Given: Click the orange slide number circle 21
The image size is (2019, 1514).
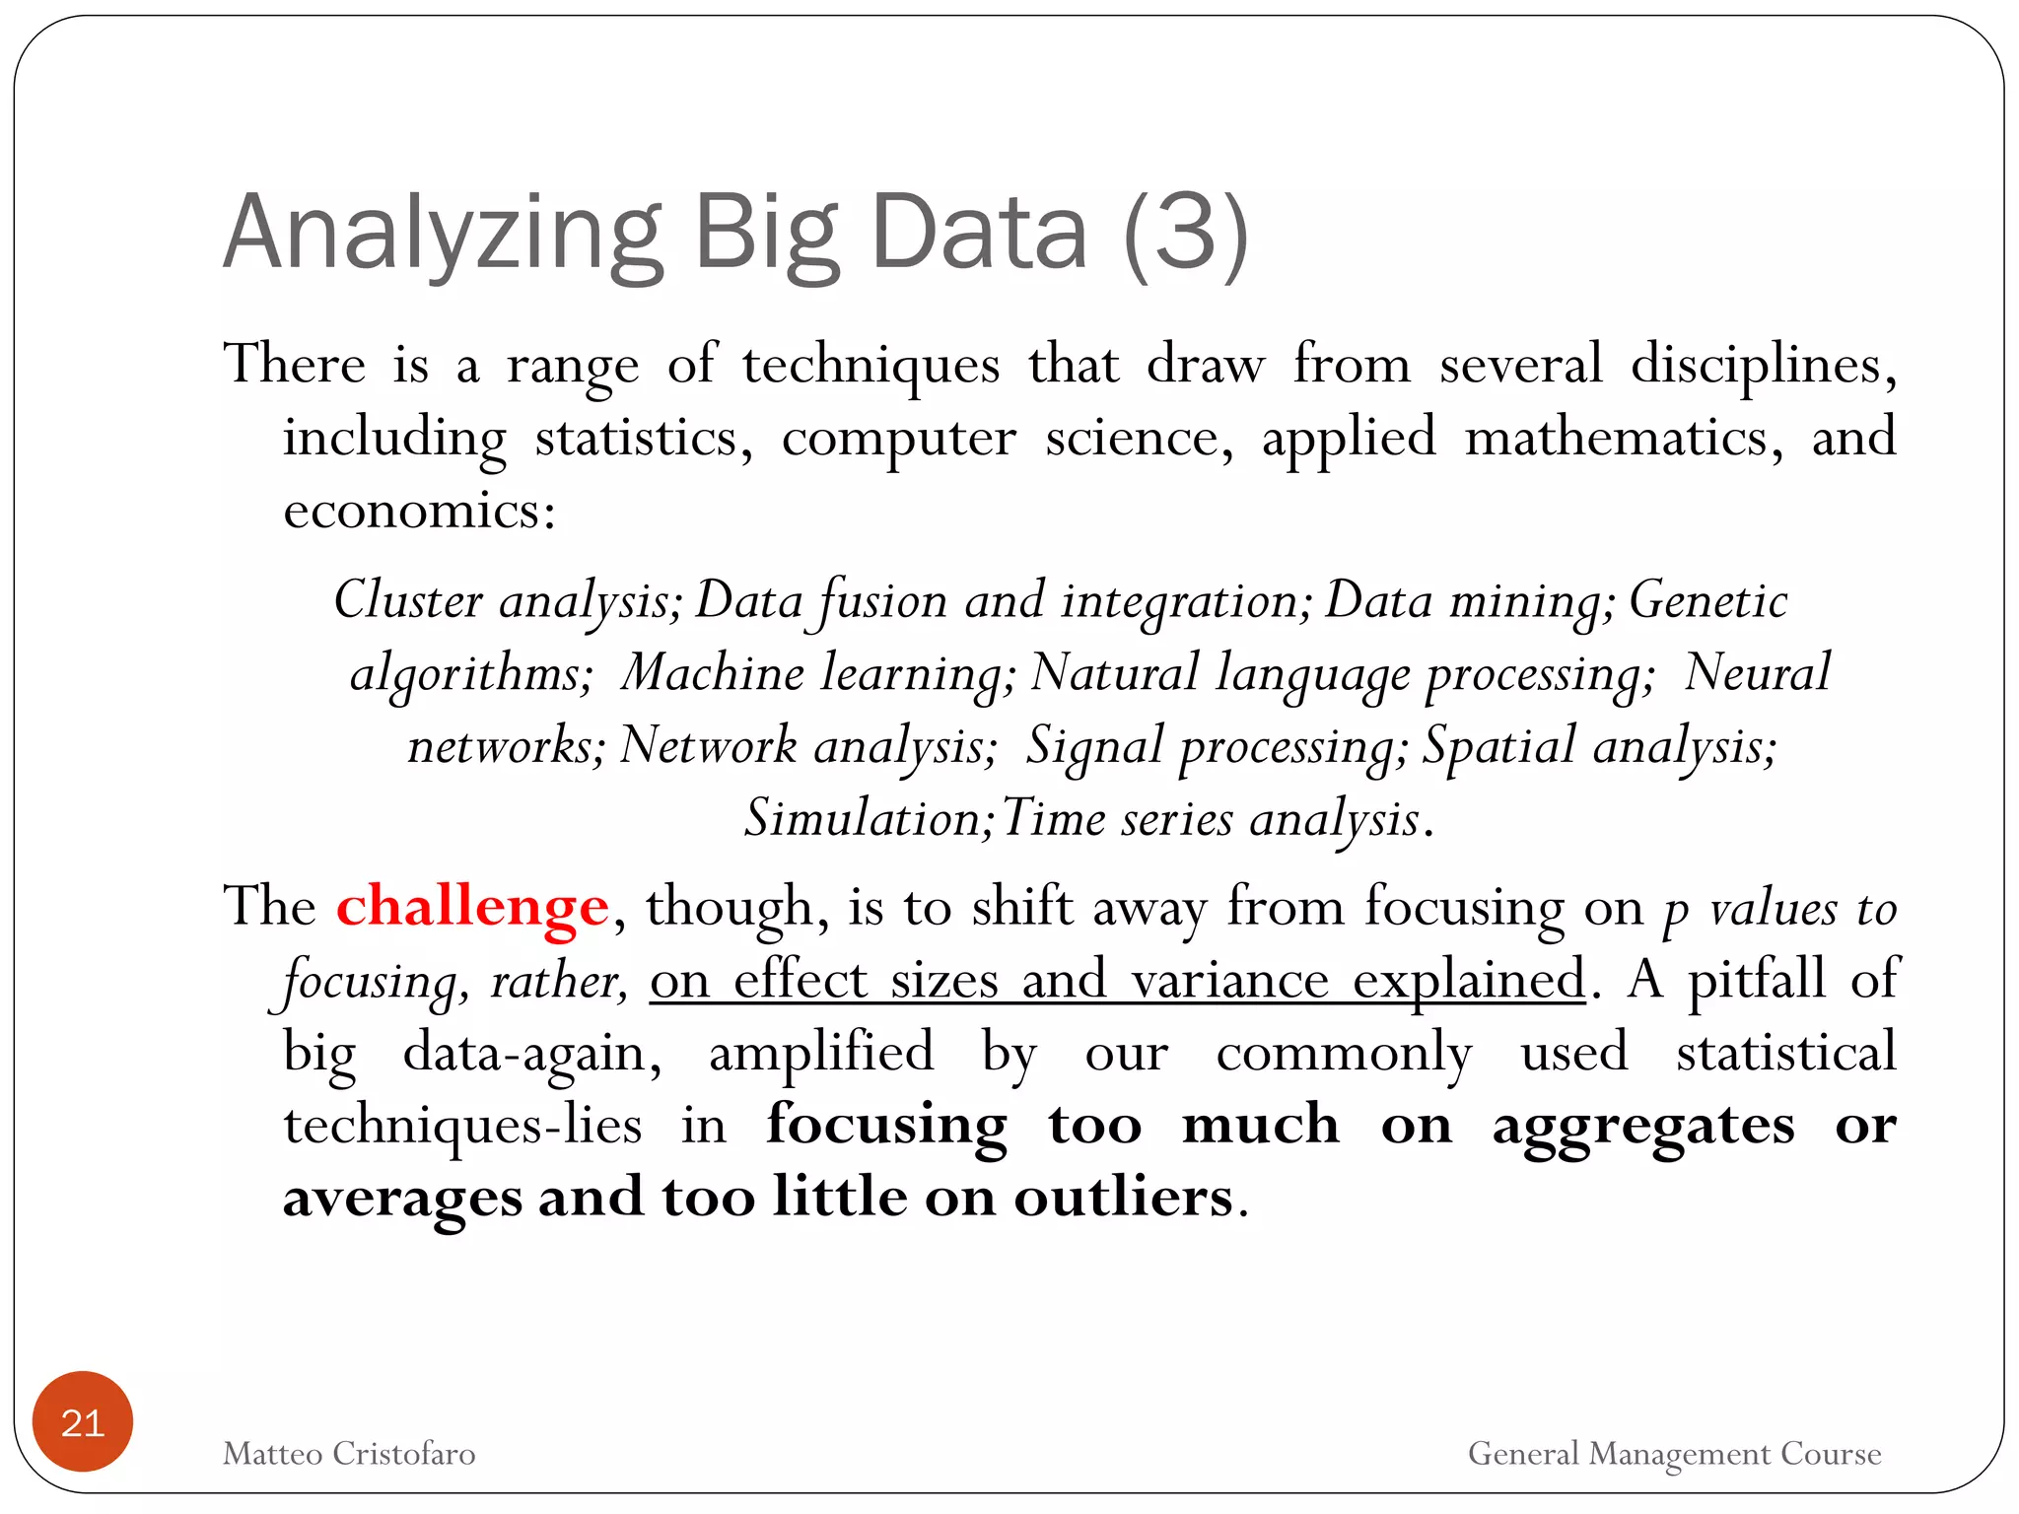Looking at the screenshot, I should (x=82, y=1421).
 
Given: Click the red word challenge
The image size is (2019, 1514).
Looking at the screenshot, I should (x=472, y=907).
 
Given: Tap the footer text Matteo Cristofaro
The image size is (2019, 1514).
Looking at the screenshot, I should (x=349, y=1454).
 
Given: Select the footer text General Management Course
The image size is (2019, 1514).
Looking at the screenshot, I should (x=1674, y=1454).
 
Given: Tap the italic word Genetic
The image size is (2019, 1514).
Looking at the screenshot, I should (x=1707, y=600).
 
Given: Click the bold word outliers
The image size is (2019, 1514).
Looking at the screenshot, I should (x=1123, y=1198).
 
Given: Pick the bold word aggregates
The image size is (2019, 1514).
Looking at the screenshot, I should (x=1642, y=1126).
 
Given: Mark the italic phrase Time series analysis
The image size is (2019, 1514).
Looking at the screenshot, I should (x=1211, y=819).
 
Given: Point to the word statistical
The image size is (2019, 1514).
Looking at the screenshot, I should (x=1785, y=1052).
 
